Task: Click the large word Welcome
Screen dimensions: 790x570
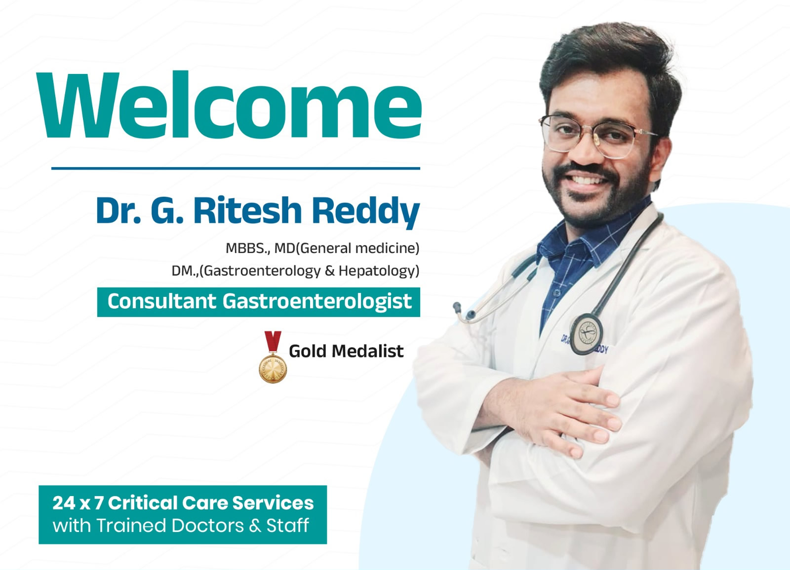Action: click(x=229, y=105)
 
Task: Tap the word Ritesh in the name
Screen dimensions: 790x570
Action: click(x=247, y=211)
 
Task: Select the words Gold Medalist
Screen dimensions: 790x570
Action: click(x=346, y=351)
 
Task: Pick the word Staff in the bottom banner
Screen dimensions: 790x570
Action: click(x=287, y=525)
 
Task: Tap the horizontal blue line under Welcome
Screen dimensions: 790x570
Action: click(x=236, y=169)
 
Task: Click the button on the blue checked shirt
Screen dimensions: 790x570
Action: click(x=557, y=293)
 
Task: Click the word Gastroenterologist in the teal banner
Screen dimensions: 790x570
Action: click(x=317, y=302)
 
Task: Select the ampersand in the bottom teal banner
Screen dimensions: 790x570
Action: click(x=255, y=526)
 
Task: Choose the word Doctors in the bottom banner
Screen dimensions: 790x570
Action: click(x=207, y=525)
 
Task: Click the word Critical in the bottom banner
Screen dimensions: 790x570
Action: click(x=143, y=503)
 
